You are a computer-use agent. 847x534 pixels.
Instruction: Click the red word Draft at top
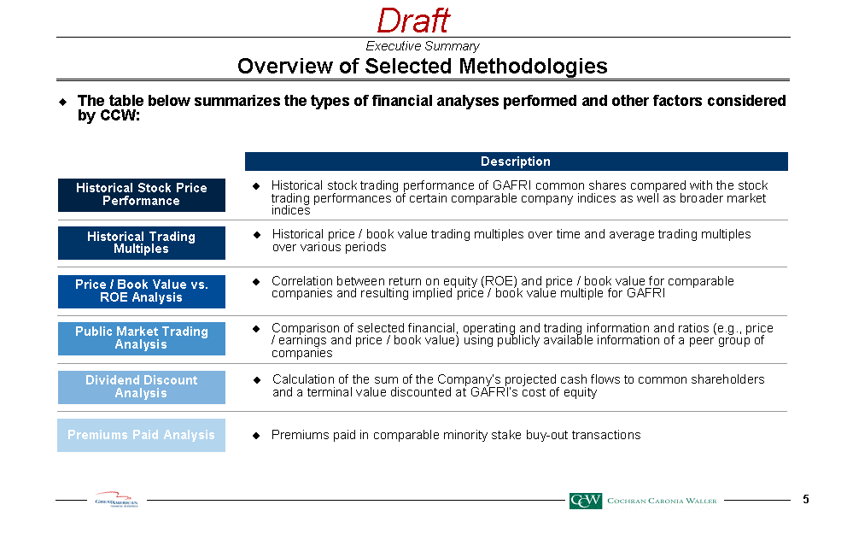click(x=413, y=21)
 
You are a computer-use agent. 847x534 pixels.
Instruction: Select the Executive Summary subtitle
click(x=423, y=46)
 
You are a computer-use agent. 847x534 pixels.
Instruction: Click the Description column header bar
click(x=516, y=161)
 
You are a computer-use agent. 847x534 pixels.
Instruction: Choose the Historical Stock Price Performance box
click(x=142, y=195)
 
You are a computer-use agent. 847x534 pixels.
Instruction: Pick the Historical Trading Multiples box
click(x=142, y=243)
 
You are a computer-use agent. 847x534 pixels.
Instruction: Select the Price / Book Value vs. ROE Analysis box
click(x=142, y=291)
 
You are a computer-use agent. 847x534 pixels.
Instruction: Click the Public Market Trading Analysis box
click(x=142, y=338)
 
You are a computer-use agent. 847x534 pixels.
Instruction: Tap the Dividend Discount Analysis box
click(x=142, y=387)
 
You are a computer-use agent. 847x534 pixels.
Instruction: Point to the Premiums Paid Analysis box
click(x=142, y=435)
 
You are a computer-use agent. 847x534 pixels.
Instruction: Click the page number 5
click(x=806, y=500)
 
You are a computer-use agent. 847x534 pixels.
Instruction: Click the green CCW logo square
click(x=586, y=501)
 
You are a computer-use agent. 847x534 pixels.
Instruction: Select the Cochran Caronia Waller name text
click(x=662, y=501)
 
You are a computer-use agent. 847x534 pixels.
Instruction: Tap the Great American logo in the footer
click(x=116, y=499)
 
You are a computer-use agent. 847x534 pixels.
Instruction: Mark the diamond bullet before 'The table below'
click(x=63, y=102)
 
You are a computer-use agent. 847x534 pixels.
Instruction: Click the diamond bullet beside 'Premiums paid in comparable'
click(x=256, y=436)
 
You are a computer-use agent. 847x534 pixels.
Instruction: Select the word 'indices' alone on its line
click(x=290, y=210)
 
